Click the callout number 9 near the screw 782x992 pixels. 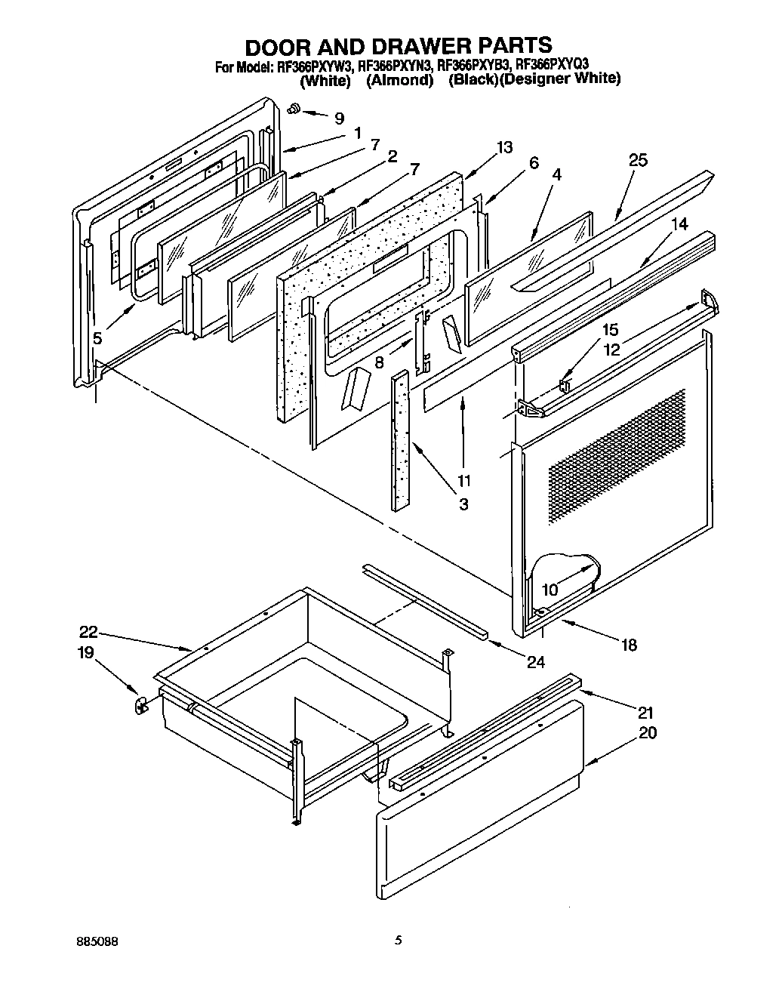[339, 118]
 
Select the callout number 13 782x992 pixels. [504, 147]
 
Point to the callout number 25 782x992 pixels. [638, 160]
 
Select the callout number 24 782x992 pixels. [535, 662]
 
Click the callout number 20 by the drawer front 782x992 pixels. [647, 732]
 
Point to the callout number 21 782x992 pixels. [645, 712]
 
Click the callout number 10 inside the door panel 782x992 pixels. [550, 590]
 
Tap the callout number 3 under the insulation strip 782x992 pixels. [463, 504]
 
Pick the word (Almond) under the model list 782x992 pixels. [399, 79]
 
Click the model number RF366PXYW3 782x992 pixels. [316, 66]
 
